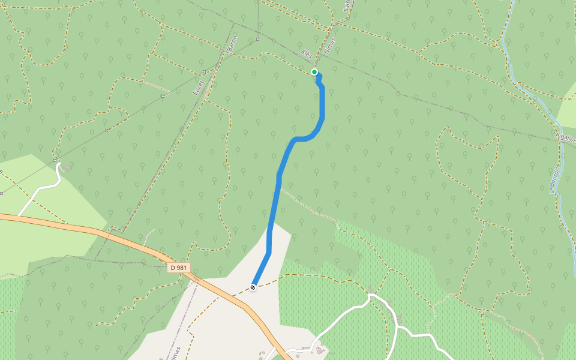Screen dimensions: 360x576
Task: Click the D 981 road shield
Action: pyautogui.click(x=179, y=268)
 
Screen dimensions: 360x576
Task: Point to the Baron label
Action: pyautogui.click(x=233, y=44)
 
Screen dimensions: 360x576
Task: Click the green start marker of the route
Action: pyautogui.click(x=314, y=72)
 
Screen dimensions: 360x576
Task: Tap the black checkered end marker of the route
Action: pyautogui.click(x=253, y=287)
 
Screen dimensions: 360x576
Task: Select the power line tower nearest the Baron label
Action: pyautogui.click(x=257, y=40)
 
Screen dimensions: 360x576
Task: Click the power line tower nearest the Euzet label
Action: pyautogui.click(x=163, y=95)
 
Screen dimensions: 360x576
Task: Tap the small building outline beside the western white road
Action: pyautogui.click(x=65, y=169)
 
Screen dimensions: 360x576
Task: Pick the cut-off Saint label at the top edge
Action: pyautogui.click(x=346, y=6)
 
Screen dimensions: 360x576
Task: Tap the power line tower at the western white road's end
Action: pyautogui.click(x=55, y=160)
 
